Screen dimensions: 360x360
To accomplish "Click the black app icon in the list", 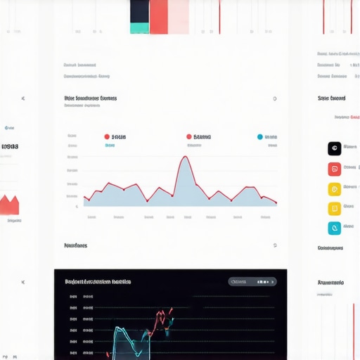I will tap(334, 148).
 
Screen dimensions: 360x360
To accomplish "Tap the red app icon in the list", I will tap(334, 169).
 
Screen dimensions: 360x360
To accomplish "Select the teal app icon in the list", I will tap(334, 228).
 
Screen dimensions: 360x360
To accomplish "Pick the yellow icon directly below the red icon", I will tap(334, 188).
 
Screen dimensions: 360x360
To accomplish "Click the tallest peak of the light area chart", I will tap(185, 158).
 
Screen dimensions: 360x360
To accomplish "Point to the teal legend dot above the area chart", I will tap(260, 137).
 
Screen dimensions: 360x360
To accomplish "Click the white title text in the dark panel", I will tap(98, 281).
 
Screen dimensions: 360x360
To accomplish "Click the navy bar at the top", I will tap(139, 11).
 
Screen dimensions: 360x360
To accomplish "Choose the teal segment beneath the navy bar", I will tap(139, 28).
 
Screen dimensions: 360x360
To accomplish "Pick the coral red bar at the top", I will tap(159, 16).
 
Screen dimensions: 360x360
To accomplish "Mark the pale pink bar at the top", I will tap(179, 16).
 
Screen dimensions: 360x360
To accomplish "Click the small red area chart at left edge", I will tap(9, 205).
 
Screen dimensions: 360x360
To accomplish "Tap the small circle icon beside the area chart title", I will tap(274, 98).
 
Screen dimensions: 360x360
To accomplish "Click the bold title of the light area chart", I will tap(90, 98).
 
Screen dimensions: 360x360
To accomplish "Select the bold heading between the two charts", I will tap(75, 246).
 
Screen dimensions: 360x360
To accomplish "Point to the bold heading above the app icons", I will tap(331, 98).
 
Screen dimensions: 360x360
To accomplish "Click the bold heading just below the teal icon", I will tap(330, 248).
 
